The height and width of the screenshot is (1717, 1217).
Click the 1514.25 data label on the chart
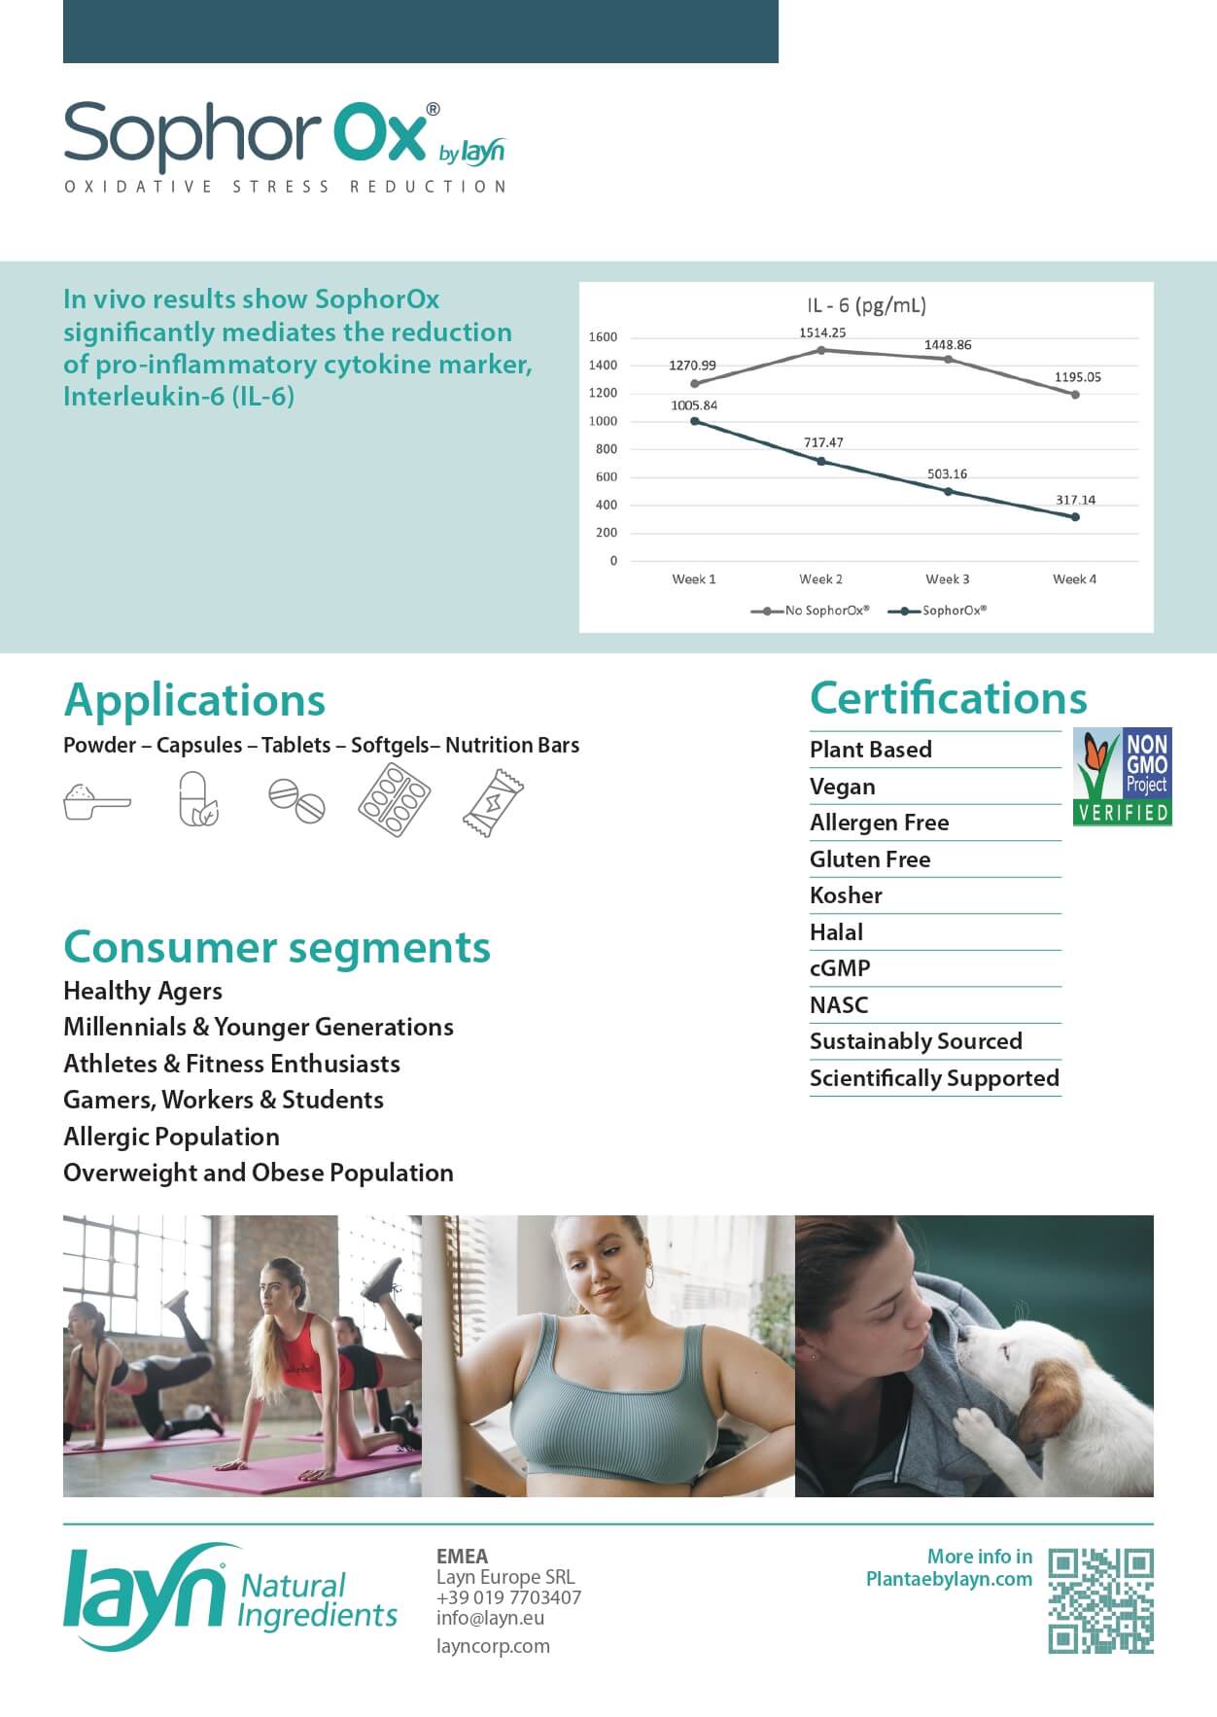[822, 333]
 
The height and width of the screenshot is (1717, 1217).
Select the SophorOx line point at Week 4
[1075, 517]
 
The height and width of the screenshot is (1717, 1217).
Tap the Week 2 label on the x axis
[820, 579]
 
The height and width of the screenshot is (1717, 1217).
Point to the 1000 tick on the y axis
[603, 421]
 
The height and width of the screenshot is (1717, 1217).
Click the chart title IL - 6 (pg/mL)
[866, 305]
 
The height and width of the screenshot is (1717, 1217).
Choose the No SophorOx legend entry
[811, 611]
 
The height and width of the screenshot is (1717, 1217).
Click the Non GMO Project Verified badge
[1122, 777]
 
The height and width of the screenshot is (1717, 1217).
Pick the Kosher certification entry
[846, 895]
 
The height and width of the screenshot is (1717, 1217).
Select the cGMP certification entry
[840, 968]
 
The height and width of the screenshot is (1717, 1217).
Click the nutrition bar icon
[492, 802]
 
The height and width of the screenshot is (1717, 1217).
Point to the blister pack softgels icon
[394, 799]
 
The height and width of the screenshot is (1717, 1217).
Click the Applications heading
[194, 700]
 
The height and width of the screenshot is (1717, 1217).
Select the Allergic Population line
[171, 1137]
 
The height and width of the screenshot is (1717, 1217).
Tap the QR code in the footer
[1100, 1600]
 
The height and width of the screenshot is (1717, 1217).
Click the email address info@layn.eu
[490, 1618]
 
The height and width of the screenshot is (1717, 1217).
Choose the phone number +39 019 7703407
[508, 1597]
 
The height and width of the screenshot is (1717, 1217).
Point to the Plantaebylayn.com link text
[949, 1579]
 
